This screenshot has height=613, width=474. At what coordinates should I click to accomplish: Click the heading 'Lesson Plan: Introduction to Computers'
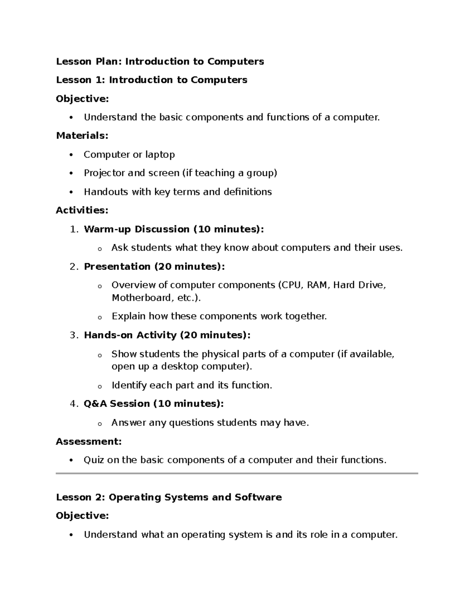pos(160,62)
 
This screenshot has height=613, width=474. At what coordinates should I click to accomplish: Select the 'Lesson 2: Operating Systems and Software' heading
pos(169,497)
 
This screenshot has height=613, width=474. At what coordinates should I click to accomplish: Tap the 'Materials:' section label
pos(82,136)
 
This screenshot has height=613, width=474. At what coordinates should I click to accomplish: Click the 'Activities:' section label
pos(82,210)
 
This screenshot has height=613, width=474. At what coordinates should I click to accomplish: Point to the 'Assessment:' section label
pos(88,441)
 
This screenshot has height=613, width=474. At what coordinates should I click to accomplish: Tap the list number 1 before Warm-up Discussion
pos(73,229)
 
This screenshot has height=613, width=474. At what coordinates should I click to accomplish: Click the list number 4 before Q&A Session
pos(73,404)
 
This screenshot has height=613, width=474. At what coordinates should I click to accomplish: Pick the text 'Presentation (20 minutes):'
pos(154,267)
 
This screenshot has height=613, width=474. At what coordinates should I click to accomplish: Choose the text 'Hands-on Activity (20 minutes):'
pos(167,335)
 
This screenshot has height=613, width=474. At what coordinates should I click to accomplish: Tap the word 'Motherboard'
pos(141,298)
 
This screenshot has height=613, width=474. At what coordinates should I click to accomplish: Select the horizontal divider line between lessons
pos(237,473)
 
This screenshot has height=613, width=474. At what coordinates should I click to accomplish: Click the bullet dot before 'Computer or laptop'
pos(71,155)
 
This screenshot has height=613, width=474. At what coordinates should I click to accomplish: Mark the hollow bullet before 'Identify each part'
pos(100,386)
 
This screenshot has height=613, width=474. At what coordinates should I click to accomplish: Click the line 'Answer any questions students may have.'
pos(210,423)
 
